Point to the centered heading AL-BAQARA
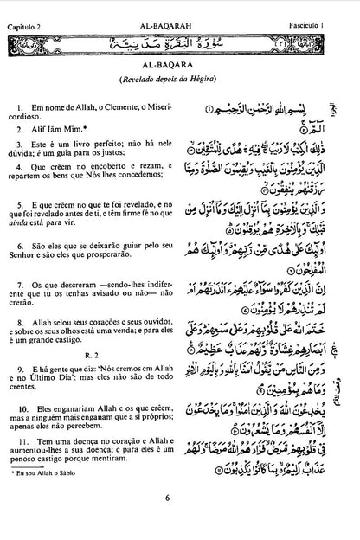[180, 64]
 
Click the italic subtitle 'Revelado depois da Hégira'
[180, 79]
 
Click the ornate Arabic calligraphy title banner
[180, 41]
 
